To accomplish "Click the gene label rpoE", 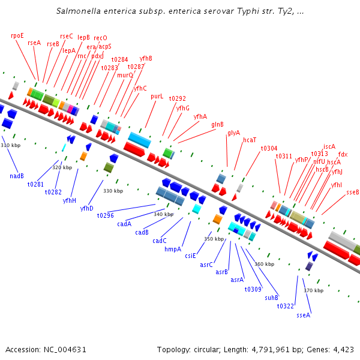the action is (17, 35).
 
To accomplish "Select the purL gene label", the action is (157, 96).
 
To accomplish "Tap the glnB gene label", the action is (217, 125).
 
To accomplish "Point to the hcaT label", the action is (250, 140).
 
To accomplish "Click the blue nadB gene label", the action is (17, 176).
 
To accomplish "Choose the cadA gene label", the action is (124, 224).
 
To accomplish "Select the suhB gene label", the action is (271, 297).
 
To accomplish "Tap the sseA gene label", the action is (304, 315).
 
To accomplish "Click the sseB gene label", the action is (353, 192).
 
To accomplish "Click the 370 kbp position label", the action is (313, 290).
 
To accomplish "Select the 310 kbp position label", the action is (10, 145).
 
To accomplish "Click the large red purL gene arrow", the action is (134, 149).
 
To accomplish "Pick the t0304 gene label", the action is (269, 148).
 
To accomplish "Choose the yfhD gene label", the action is (87, 208).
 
